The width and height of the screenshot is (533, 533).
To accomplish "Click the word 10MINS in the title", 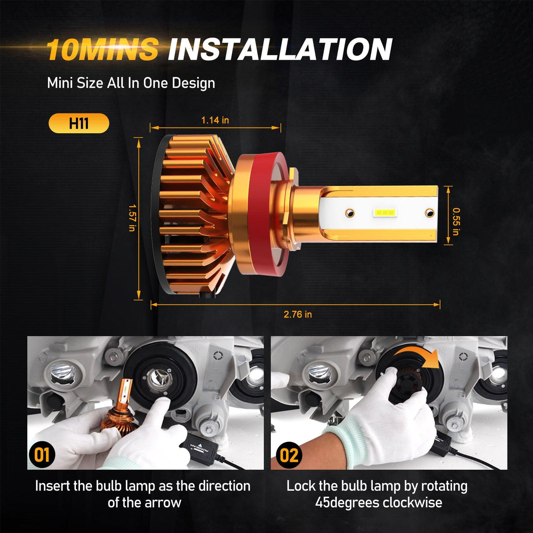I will (x=102, y=49).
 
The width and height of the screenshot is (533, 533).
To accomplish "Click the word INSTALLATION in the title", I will (x=280, y=49).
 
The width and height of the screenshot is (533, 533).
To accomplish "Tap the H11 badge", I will (x=79, y=123).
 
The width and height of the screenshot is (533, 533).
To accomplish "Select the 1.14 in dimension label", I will (x=215, y=120).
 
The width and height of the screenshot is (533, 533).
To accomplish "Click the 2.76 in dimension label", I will (x=298, y=314).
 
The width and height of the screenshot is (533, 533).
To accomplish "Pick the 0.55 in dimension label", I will (x=455, y=221).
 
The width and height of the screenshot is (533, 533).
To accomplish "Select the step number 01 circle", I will (x=42, y=454).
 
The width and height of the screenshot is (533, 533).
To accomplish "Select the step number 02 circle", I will (x=288, y=455).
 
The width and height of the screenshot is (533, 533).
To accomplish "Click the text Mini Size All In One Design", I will (x=131, y=83).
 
